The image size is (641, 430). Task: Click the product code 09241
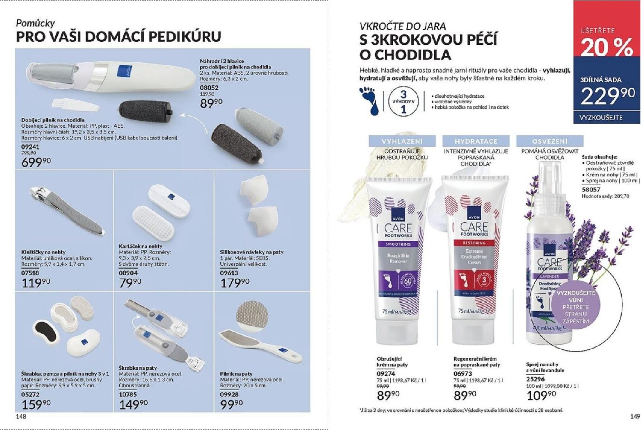tap(30, 147)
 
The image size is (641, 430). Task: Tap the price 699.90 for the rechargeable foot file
tap(36, 162)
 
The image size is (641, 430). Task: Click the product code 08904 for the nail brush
tap(128, 273)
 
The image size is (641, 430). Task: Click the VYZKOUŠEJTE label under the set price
tap(601, 118)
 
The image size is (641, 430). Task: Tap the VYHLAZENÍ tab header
tap(402, 141)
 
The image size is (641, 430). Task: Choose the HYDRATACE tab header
tap(476, 141)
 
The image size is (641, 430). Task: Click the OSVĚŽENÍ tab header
tap(550, 141)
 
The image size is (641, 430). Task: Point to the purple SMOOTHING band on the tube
tap(398, 244)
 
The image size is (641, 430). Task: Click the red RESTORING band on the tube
tap(474, 243)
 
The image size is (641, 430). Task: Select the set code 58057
tap(591, 189)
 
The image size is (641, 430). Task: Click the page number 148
tap(21, 416)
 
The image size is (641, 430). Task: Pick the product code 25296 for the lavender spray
tap(535, 379)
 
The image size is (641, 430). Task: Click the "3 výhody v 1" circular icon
tap(403, 101)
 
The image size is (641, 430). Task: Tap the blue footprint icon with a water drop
tap(369, 100)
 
